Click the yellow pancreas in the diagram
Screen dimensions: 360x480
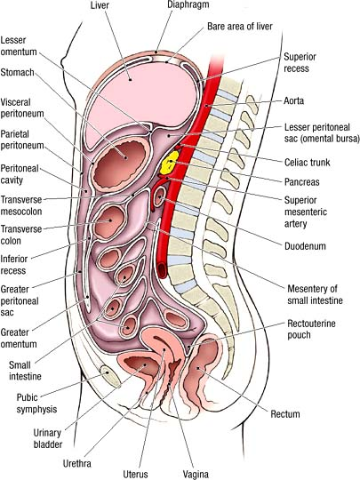click(169, 163)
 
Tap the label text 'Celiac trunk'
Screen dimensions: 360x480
click(307, 163)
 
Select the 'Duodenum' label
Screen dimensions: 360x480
click(305, 246)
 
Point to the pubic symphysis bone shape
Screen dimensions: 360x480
click(110, 376)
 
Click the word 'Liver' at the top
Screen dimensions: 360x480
click(100, 5)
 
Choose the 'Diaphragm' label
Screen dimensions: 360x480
click(188, 5)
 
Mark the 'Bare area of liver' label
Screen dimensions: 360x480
click(240, 27)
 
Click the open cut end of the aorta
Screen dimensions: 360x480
click(163, 270)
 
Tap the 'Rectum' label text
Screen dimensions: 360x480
click(285, 414)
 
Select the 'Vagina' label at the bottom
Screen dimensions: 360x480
click(196, 474)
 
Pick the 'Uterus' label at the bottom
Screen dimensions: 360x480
click(135, 474)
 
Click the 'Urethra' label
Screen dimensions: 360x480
click(76, 463)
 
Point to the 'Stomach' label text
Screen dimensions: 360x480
click(17, 73)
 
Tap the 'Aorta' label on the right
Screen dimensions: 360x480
click(293, 100)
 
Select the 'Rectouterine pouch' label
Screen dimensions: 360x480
click(311, 329)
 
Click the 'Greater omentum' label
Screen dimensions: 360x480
click(19, 338)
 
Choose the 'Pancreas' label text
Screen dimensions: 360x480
click(302, 182)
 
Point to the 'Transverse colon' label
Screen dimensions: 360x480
click(20, 235)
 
